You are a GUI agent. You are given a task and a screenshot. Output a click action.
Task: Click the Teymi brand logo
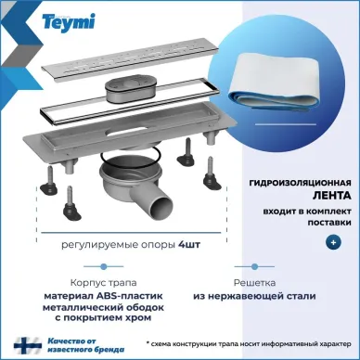tap(69, 21)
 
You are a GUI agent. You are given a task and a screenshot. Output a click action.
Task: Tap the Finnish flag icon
tap(28, 345)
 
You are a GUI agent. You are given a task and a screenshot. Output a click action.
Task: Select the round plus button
tap(333, 242)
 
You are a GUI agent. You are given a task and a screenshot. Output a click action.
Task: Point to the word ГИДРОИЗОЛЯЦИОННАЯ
tap(301, 183)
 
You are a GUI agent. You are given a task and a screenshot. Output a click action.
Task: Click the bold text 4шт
tap(189, 245)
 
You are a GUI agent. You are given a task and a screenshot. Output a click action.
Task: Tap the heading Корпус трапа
tap(103, 283)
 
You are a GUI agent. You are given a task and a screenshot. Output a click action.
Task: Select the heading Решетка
tap(254, 282)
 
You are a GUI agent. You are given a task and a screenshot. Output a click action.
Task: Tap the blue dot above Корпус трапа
tap(104, 266)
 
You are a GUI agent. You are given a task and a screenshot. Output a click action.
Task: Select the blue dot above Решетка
tap(254, 266)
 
